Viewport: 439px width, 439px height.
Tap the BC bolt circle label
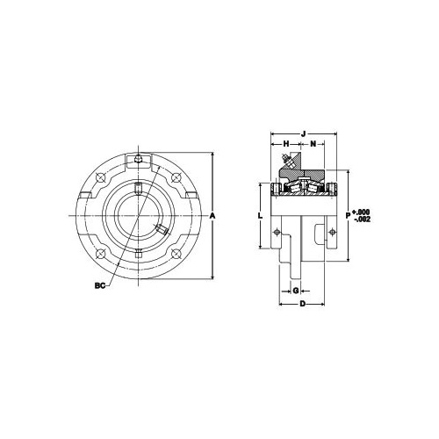[99, 284]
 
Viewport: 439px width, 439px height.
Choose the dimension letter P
[349, 212]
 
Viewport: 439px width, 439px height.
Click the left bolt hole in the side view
[277, 232]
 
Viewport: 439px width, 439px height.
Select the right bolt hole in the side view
[331, 232]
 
